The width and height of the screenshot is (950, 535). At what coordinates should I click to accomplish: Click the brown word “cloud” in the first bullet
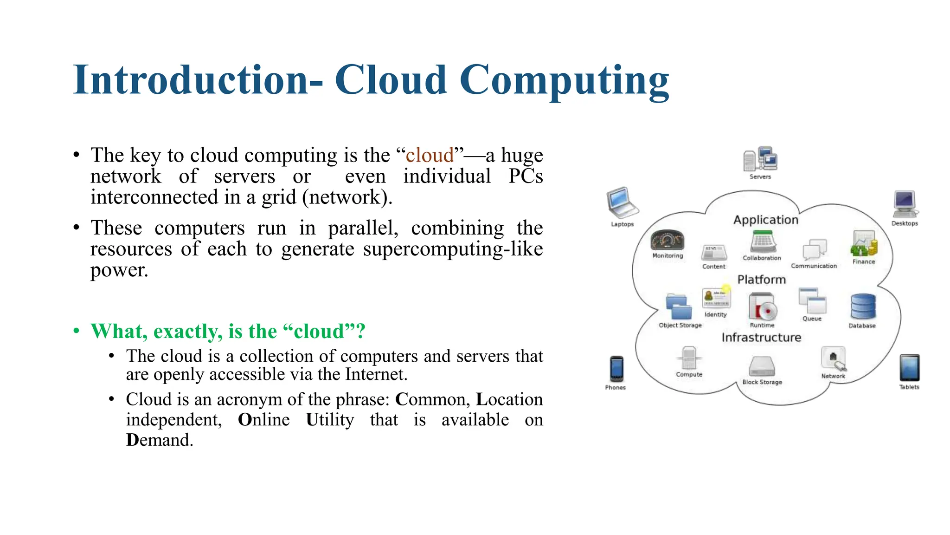(x=430, y=155)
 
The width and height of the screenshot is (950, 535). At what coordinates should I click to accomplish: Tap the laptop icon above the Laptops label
(x=622, y=202)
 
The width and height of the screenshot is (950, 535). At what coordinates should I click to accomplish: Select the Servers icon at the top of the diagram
(x=760, y=159)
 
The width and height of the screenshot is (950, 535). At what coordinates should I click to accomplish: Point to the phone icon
(x=616, y=369)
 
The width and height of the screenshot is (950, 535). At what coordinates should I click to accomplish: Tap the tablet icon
(x=909, y=368)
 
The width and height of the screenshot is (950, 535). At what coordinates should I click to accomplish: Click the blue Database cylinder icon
(x=863, y=307)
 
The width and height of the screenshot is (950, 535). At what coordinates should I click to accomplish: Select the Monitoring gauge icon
(x=667, y=240)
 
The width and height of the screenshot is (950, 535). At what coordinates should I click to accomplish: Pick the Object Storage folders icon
(x=678, y=307)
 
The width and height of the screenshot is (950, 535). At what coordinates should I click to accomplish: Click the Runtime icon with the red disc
(x=762, y=307)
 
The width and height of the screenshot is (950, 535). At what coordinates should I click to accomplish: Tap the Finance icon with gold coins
(x=863, y=243)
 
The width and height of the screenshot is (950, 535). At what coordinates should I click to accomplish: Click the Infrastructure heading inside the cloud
(x=761, y=338)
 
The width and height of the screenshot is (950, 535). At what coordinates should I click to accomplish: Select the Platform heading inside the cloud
(x=762, y=280)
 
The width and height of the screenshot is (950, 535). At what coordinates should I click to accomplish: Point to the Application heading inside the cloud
(x=766, y=220)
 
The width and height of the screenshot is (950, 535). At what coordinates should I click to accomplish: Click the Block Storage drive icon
(x=762, y=366)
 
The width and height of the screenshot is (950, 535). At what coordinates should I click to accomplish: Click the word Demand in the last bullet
(x=160, y=440)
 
